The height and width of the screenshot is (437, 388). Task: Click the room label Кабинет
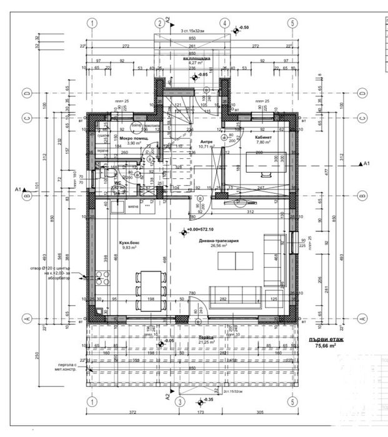(x=262, y=136)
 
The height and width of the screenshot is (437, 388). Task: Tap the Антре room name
(x=206, y=141)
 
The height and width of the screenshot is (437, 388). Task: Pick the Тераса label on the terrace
(x=206, y=336)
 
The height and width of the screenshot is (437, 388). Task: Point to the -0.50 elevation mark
(x=244, y=28)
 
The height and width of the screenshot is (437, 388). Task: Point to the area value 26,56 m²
(x=218, y=246)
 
